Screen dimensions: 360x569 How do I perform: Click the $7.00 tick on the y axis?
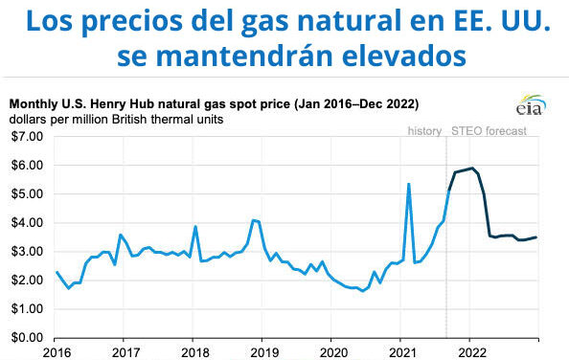(x=27, y=137)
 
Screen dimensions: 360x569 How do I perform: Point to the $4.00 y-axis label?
(x=27, y=223)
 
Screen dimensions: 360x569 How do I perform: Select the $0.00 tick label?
(x=27, y=338)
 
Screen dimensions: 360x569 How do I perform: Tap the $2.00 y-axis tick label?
(x=27, y=281)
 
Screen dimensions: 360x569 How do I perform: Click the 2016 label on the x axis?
(x=56, y=351)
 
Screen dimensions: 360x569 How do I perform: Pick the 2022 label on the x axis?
(x=469, y=351)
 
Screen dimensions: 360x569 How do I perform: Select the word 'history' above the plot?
(x=424, y=131)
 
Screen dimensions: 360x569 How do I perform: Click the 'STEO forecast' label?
(x=489, y=131)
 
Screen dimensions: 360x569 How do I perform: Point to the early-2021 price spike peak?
(x=409, y=184)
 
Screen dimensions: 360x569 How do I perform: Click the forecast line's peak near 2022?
(x=471, y=169)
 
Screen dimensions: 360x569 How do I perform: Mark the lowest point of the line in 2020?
(x=362, y=290)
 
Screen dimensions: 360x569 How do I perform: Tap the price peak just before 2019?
(x=253, y=220)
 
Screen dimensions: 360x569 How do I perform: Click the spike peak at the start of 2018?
(x=195, y=227)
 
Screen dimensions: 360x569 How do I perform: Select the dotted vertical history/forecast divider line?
(x=446, y=239)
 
